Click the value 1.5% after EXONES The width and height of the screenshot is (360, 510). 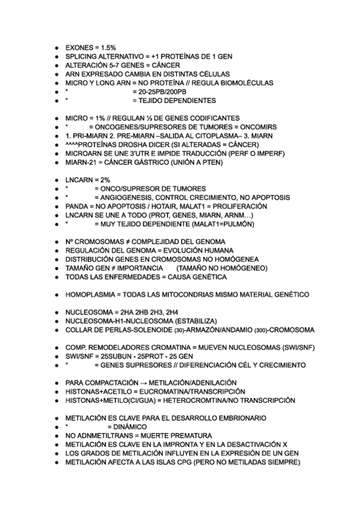pyautogui.click(x=108, y=46)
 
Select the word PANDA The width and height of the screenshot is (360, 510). pyautogui.click(x=76, y=206)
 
